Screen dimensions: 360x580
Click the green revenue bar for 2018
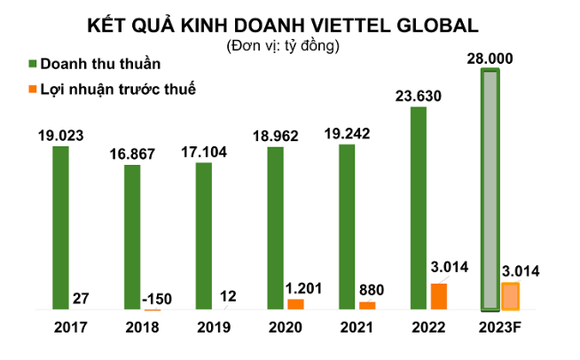[132, 237]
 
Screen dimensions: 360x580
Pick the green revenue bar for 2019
[204, 236]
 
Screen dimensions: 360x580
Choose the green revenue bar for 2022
[419, 208]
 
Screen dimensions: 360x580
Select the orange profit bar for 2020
[295, 304]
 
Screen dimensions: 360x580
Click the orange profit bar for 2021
[367, 306]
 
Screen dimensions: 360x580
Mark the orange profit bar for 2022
[439, 296]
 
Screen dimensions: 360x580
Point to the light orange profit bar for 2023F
[510, 296]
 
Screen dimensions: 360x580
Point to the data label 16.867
[132, 153]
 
